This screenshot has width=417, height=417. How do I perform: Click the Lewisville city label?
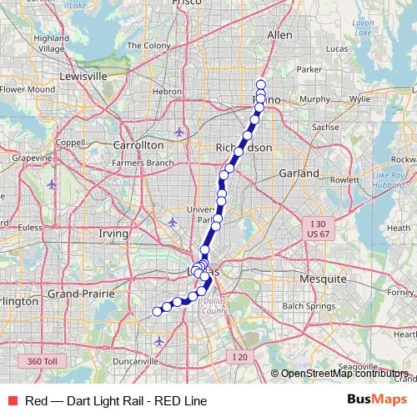click(x=83, y=76)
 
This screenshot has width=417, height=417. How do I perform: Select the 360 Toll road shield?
click(x=42, y=360)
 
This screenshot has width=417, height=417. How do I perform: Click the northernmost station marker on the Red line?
click(x=261, y=83)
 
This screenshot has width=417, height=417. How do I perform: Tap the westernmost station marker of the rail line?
click(x=156, y=312)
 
